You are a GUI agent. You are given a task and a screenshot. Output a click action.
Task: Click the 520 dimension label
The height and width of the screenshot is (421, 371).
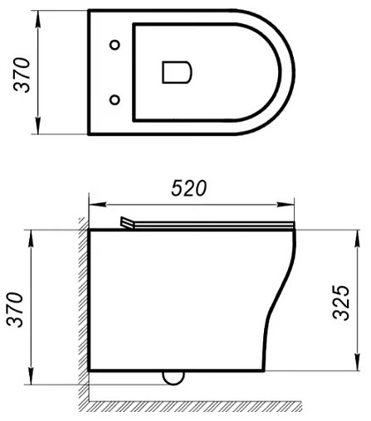(x=189, y=188)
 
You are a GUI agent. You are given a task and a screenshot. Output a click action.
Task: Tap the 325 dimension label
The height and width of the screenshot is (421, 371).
(x=341, y=302)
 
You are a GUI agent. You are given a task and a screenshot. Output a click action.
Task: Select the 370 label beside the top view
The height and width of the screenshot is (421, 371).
(x=22, y=75)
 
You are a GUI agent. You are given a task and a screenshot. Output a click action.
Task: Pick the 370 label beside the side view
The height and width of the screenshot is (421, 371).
(x=16, y=309)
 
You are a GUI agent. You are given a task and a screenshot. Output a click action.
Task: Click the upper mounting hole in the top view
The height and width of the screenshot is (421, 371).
(x=115, y=45)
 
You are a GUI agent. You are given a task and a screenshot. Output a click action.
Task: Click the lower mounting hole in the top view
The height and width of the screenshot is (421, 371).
(x=115, y=99)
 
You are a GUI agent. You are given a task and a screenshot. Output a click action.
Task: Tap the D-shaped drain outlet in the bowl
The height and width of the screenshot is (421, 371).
(x=177, y=72)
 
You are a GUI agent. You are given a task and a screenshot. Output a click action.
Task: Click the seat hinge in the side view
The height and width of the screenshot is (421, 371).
(x=127, y=223)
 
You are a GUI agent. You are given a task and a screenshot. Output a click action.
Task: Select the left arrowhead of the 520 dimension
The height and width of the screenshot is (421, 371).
(x=97, y=205)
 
